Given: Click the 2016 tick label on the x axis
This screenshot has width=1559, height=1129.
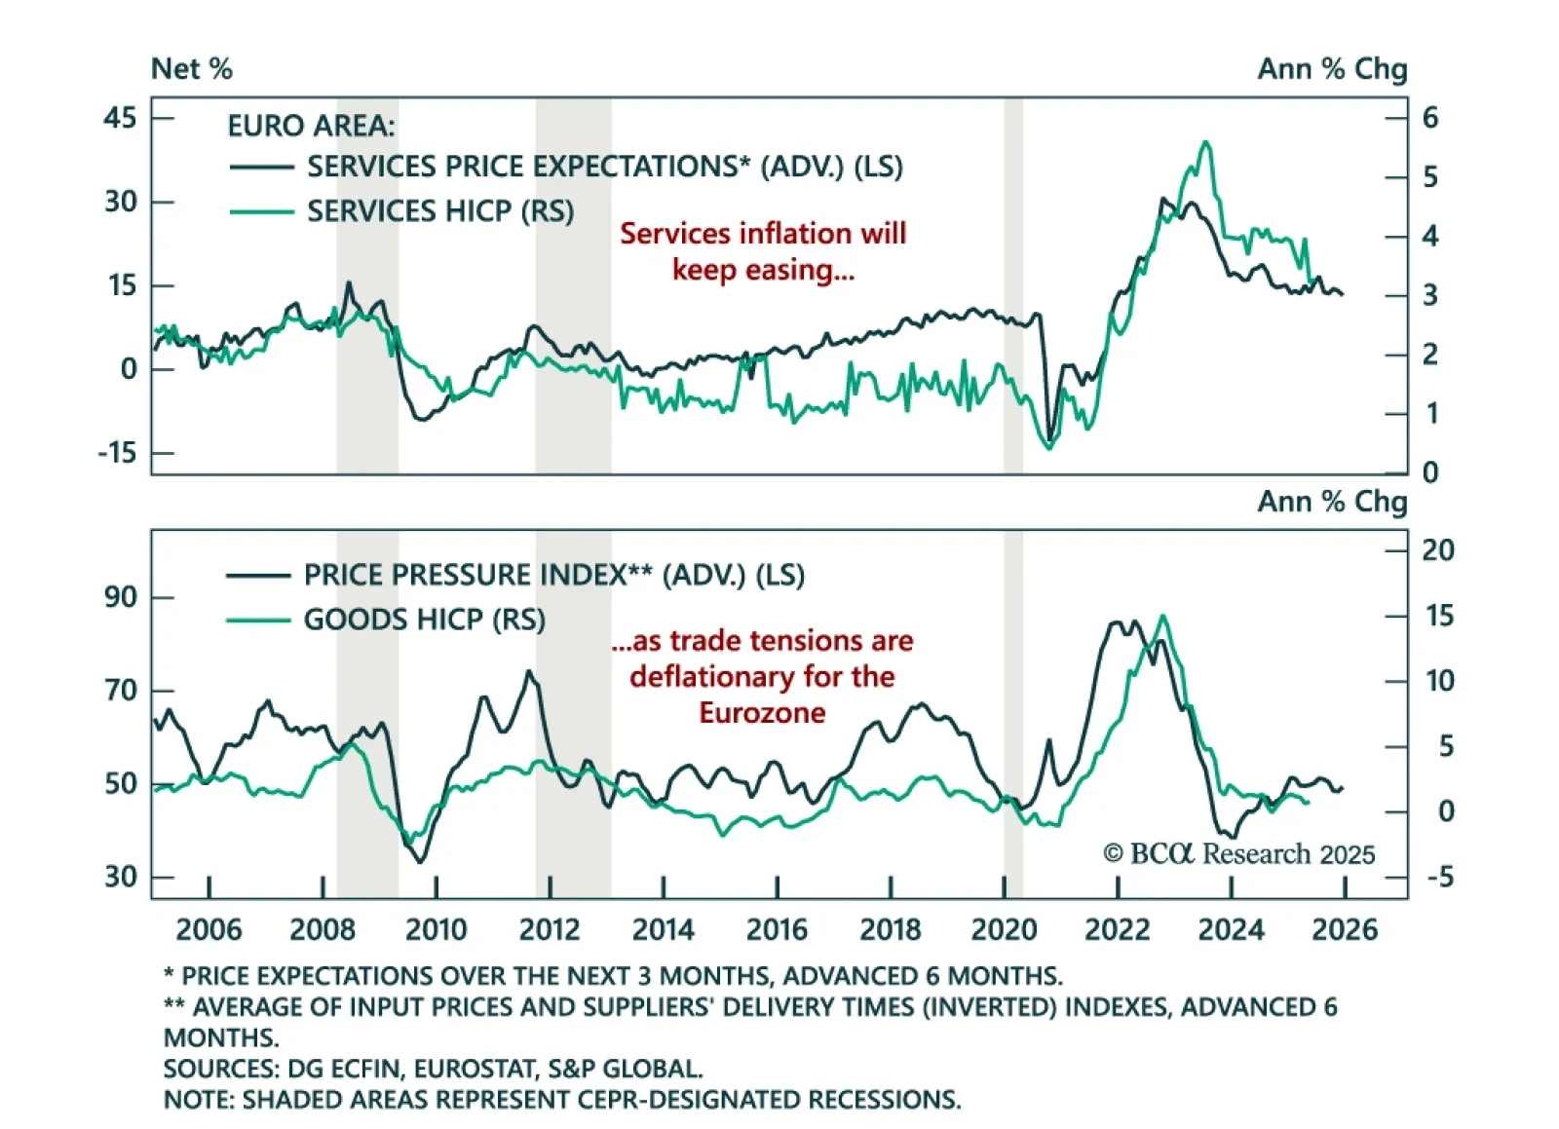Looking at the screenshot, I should click(x=777, y=929).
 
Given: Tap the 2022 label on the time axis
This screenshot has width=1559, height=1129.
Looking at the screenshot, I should click(x=1117, y=929).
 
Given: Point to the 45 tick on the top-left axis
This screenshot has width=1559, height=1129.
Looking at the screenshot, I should click(x=120, y=118).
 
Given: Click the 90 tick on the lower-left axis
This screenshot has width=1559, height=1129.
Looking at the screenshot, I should click(x=121, y=597).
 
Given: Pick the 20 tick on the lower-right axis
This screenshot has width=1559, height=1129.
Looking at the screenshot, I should click(x=1437, y=550).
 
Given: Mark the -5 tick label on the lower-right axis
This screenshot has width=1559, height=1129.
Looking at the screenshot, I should click(x=1440, y=877).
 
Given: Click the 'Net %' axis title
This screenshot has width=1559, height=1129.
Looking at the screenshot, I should click(x=192, y=69).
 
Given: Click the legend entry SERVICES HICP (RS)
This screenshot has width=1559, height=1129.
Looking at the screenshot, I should click(x=440, y=211).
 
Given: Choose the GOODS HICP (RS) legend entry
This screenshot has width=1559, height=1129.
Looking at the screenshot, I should click(x=424, y=620).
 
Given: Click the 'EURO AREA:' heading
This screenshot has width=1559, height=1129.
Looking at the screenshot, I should click(x=311, y=126).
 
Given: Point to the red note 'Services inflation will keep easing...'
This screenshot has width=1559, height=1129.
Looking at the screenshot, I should click(x=763, y=251).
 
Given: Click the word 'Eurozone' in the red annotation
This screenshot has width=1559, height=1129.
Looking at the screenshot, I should click(x=762, y=713).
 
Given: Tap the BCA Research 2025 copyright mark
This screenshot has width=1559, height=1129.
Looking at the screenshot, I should click(x=1238, y=854).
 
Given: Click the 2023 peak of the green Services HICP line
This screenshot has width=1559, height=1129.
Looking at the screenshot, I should click(x=1206, y=143).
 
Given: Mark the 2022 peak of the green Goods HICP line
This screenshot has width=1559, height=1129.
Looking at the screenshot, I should click(x=1162, y=616).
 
